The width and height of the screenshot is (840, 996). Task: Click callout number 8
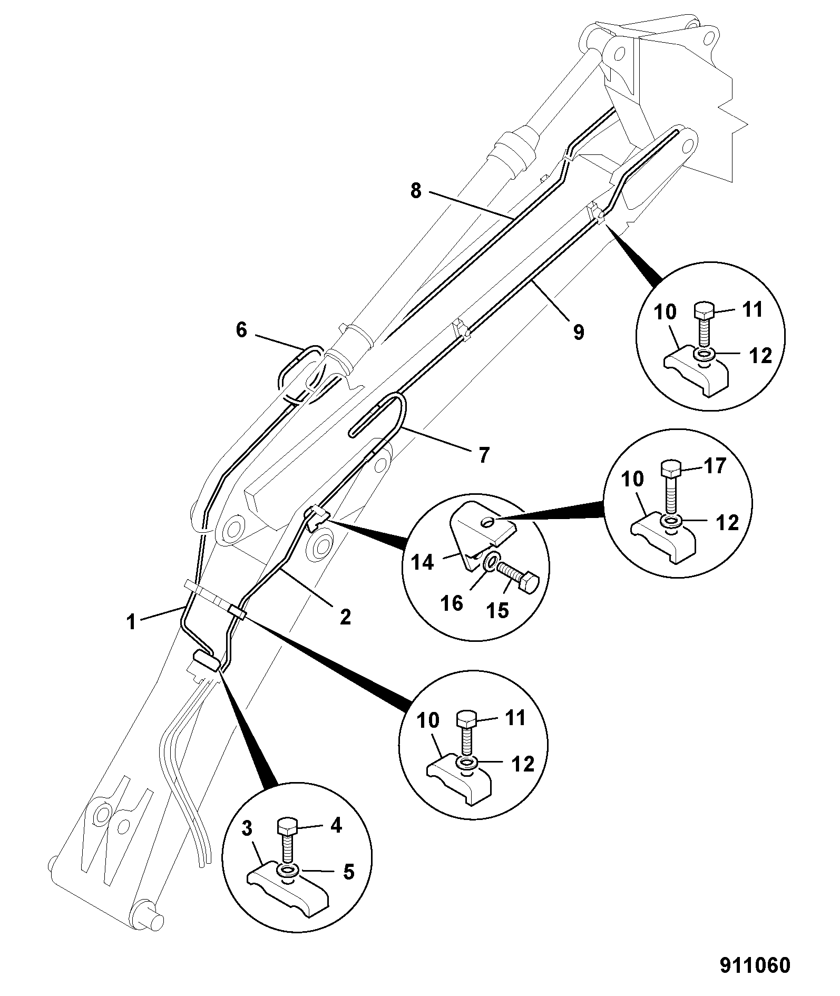416,191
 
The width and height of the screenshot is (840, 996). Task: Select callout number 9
578,332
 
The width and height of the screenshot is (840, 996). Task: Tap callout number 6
241,330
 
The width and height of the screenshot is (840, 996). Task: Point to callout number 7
484,454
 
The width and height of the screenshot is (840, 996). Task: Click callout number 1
131,622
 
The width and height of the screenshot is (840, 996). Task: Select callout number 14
422,562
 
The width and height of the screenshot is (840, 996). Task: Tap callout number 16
452,602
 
